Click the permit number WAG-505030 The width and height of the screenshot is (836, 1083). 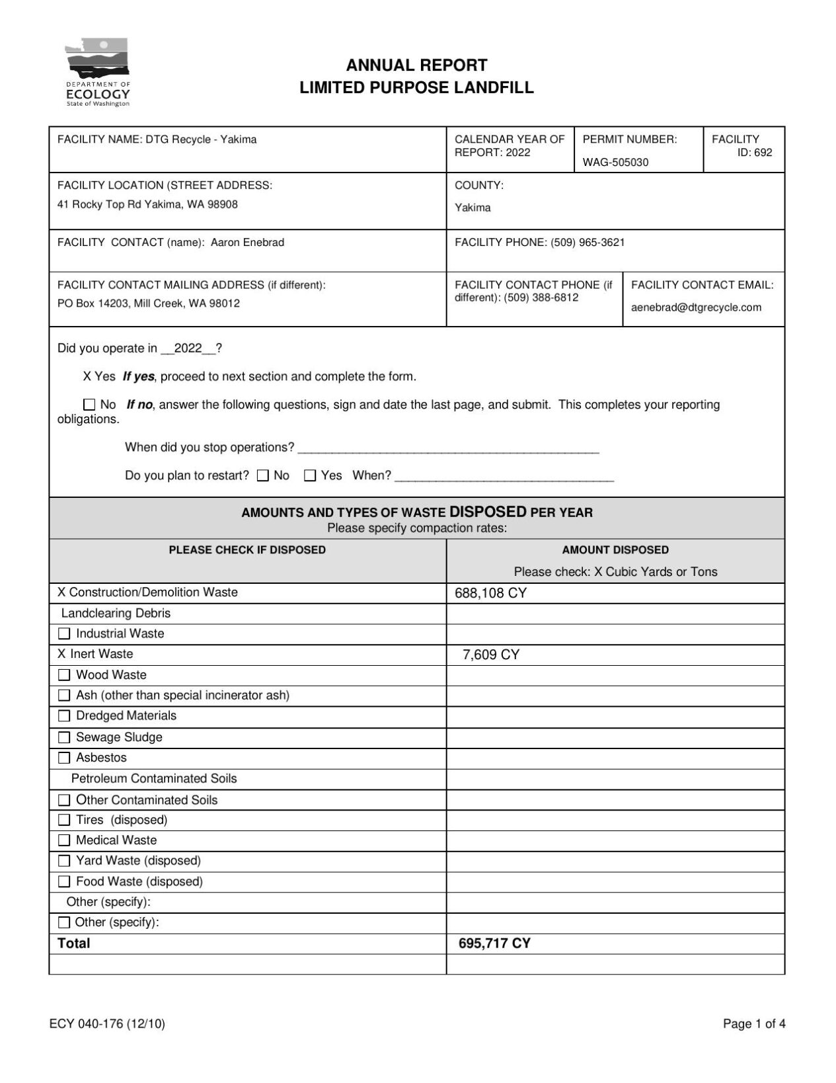tap(615, 162)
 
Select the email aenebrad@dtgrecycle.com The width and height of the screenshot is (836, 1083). tap(696, 307)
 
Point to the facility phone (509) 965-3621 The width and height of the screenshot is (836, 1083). tap(588, 243)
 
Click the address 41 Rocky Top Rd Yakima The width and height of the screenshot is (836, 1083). tap(147, 205)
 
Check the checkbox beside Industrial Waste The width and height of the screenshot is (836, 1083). tap(64, 634)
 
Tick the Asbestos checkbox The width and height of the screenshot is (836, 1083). tap(64, 758)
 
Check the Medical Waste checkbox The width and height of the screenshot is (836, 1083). tap(64, 841)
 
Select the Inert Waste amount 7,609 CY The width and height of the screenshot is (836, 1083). tap(490, 655)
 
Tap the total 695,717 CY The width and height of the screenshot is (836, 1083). tap(494, 943)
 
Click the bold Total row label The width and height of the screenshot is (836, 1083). tap(73, 943)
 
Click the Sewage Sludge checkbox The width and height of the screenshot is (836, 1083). tap(64, 738)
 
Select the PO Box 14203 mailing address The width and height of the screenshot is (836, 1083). tap(149, 304)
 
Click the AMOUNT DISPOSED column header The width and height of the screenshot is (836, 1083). tap(615, 550)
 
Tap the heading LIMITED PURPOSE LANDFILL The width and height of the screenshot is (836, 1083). tap(416, 88)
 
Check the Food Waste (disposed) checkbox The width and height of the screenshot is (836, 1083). tap(64, 882)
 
